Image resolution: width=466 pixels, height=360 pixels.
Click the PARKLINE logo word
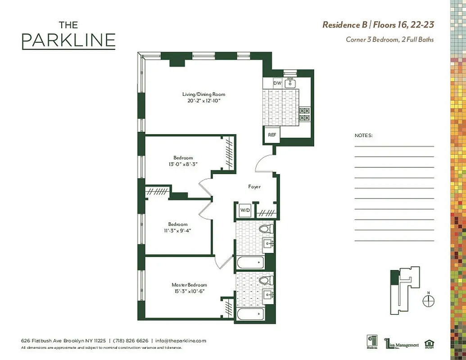tap(68, 40)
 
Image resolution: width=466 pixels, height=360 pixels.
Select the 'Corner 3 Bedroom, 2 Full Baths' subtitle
tap(389, 40)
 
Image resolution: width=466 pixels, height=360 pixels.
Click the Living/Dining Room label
tap(204, 94)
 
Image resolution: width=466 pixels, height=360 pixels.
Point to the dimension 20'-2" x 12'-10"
tap(204, 101)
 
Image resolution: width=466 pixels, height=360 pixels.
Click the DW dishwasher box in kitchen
tap(277, 83)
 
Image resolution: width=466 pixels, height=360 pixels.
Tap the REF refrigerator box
tap(272, 135)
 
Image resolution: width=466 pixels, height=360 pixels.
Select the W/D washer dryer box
tap(244, 210)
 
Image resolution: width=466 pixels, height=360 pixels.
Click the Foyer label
tap(254, 186)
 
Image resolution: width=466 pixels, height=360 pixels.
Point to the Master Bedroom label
tap(189, 285)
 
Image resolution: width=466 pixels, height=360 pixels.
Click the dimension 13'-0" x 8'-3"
tap(183, 164)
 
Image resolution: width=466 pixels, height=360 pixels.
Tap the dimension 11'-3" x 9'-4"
tap(177, 231)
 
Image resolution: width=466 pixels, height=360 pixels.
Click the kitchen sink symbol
tap(290, 82)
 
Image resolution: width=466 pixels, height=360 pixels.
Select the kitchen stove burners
tap(305, 114)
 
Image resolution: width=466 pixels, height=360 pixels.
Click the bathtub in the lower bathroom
tap(250, 314)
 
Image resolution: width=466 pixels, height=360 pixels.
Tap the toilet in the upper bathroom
tap(265, 229)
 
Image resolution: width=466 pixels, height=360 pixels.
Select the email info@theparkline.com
tap(180, 341)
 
